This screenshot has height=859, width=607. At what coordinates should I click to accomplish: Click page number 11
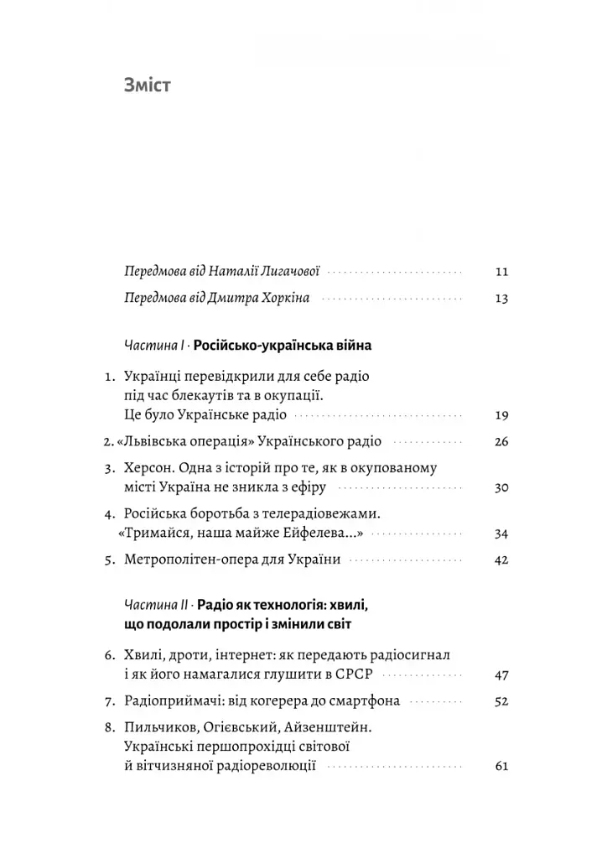501,272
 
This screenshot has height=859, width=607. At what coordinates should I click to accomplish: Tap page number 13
501,299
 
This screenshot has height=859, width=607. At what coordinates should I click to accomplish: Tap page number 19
501,415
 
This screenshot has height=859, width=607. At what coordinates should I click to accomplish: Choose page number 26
501,442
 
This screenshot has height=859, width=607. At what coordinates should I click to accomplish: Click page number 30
501,488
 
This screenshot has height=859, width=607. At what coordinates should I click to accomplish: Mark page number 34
501,534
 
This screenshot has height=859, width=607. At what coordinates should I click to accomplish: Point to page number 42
501,560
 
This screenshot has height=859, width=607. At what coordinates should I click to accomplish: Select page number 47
501,674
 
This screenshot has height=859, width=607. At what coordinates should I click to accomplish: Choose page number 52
501,701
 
